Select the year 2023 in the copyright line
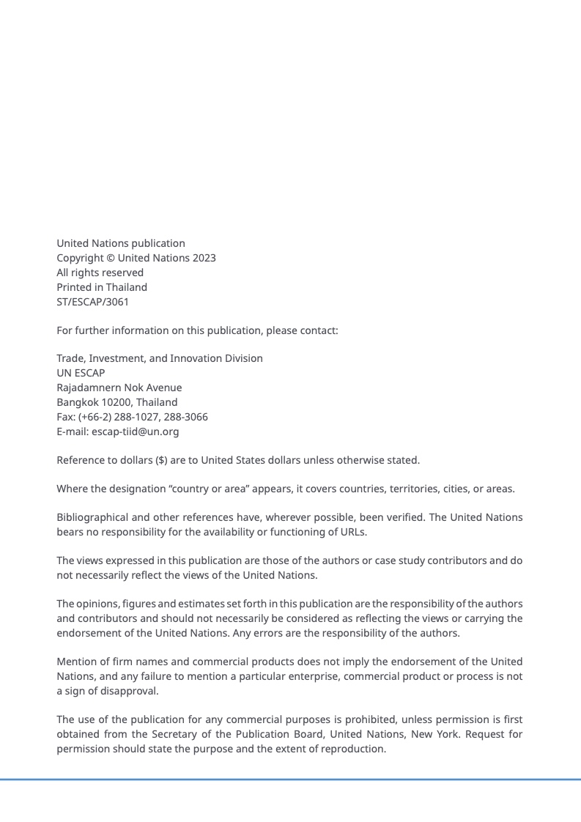204,258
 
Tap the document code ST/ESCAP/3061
92,302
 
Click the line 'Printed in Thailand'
102,287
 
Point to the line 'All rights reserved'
100,273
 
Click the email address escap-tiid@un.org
135,432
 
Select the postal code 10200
117,402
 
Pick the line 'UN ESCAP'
81,373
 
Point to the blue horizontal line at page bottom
290,780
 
